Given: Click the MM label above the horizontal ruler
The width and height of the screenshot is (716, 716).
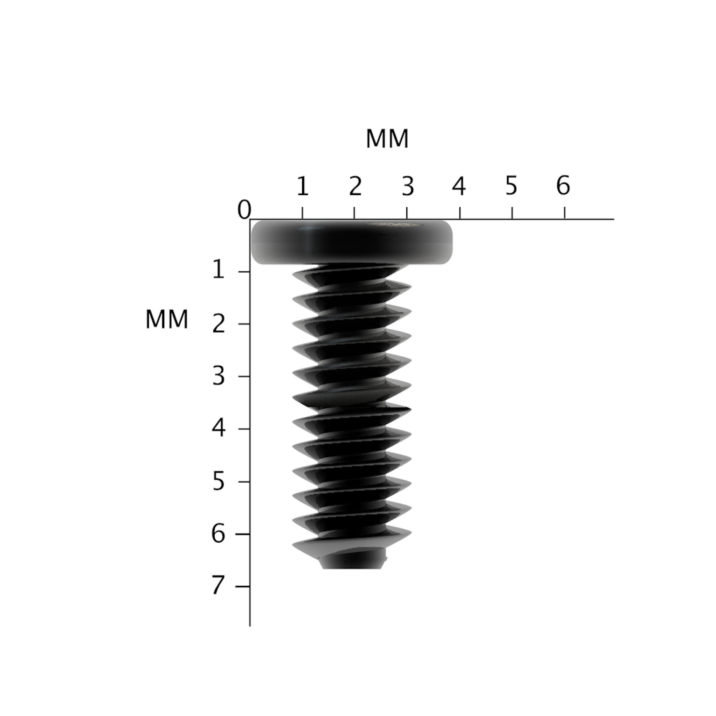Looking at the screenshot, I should [387, 139].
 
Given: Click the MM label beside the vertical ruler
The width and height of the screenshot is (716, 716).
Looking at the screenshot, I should [167, 320].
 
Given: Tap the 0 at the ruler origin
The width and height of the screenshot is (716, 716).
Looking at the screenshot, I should [244, 210].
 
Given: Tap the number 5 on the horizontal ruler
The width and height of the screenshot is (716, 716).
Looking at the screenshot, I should [511, 185].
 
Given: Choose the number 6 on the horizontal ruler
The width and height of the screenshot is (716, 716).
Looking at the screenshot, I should [563, 185].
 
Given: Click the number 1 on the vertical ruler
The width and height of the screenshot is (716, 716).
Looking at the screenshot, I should [219, 271].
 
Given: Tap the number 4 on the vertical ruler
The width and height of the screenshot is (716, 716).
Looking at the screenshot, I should [219, 428].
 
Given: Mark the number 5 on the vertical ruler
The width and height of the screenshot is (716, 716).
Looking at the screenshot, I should [219, 482].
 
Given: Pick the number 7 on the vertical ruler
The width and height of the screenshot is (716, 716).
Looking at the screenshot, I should [219, 586].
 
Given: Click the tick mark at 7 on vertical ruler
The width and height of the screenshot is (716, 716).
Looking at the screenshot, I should [243, 586].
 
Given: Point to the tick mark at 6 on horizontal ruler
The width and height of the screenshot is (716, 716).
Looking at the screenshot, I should [564, 213].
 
